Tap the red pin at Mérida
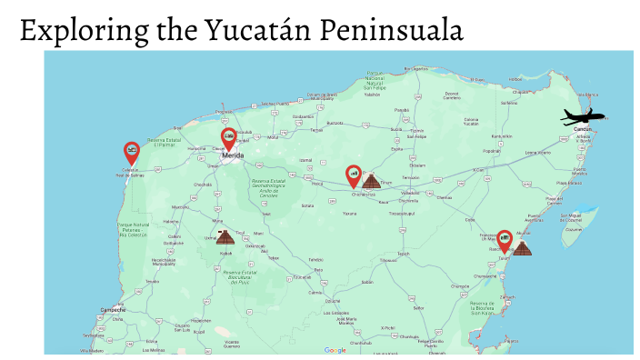point(229,138)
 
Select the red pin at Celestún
point(132,151)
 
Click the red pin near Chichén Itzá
point(354,175)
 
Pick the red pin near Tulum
point(505,241)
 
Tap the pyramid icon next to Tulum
point(522,246)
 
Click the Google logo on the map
point(335,350)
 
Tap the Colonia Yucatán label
point(471,122)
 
